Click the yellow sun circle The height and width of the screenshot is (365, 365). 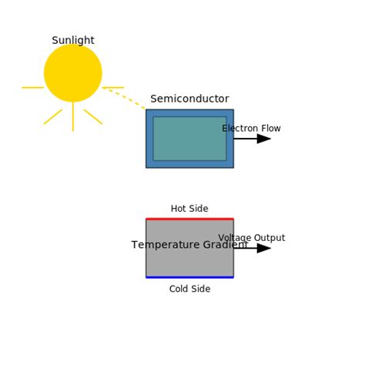point(73,73)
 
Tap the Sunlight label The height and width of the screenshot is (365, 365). point(73,41)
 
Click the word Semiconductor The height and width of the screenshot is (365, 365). point(189,99)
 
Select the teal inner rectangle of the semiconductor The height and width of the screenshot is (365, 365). point(189,139)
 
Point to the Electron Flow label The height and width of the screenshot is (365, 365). point(251,129)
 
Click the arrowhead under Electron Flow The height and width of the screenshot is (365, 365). point(264,139)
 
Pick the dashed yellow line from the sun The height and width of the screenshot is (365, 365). point(125,98)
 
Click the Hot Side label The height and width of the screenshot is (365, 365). point(189,209)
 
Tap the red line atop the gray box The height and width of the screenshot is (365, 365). point(189,219)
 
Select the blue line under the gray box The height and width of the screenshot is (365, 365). point(189,277)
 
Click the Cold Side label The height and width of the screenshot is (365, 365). point(189,290)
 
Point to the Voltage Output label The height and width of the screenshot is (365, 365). point(251,238)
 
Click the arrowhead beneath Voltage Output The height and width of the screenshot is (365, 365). point(264,248)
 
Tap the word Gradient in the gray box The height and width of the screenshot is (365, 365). point(223,246)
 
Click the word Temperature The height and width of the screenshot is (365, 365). point(163,246)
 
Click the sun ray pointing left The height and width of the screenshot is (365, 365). point(33,88)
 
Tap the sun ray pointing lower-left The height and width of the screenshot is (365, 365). point(53,116)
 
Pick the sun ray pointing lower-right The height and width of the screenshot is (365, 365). point(93,116)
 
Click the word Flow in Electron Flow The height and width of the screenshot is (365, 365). point(270,129)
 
